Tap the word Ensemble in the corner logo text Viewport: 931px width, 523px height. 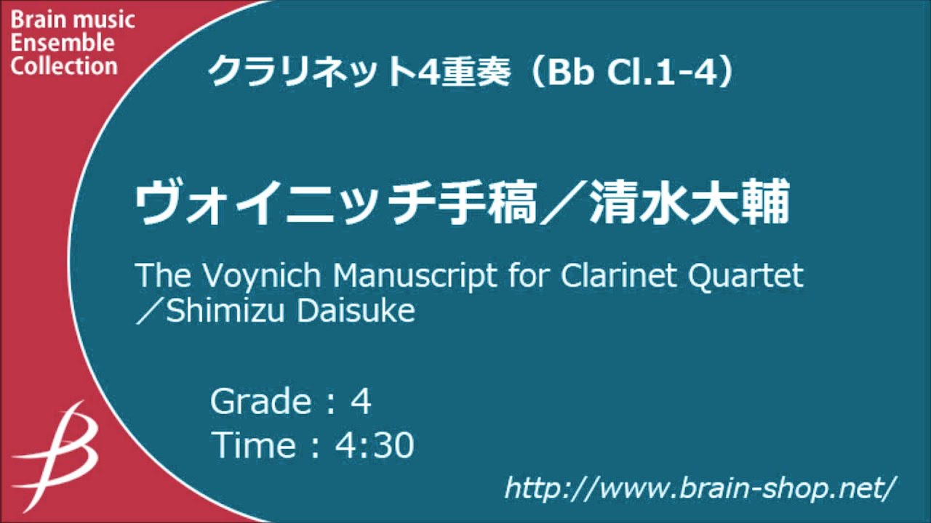63,43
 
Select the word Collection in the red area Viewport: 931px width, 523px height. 64,66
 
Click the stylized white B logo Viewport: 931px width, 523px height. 62,450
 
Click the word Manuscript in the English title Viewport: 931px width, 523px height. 438,277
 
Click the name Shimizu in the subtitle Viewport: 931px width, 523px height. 228,311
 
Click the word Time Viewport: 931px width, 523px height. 254,445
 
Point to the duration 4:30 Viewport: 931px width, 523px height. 374,445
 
